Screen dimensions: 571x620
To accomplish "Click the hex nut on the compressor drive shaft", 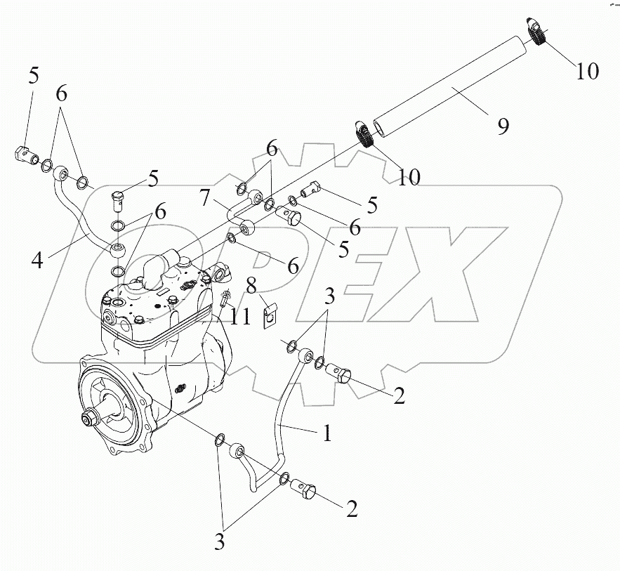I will coord(90,419).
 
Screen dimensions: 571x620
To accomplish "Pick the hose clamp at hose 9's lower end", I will coord(363,133).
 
